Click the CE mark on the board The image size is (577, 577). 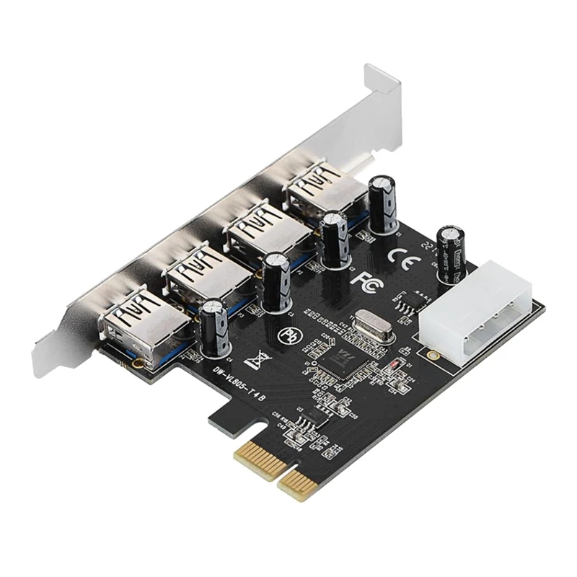pos(400,255)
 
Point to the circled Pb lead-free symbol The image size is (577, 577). pos(288,335)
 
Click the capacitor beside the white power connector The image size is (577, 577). pos(451,249)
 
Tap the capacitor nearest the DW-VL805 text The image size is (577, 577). pos(216,328)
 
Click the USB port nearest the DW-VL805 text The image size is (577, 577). pos(141,321)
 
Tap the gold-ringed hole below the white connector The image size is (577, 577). pos(432,356)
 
